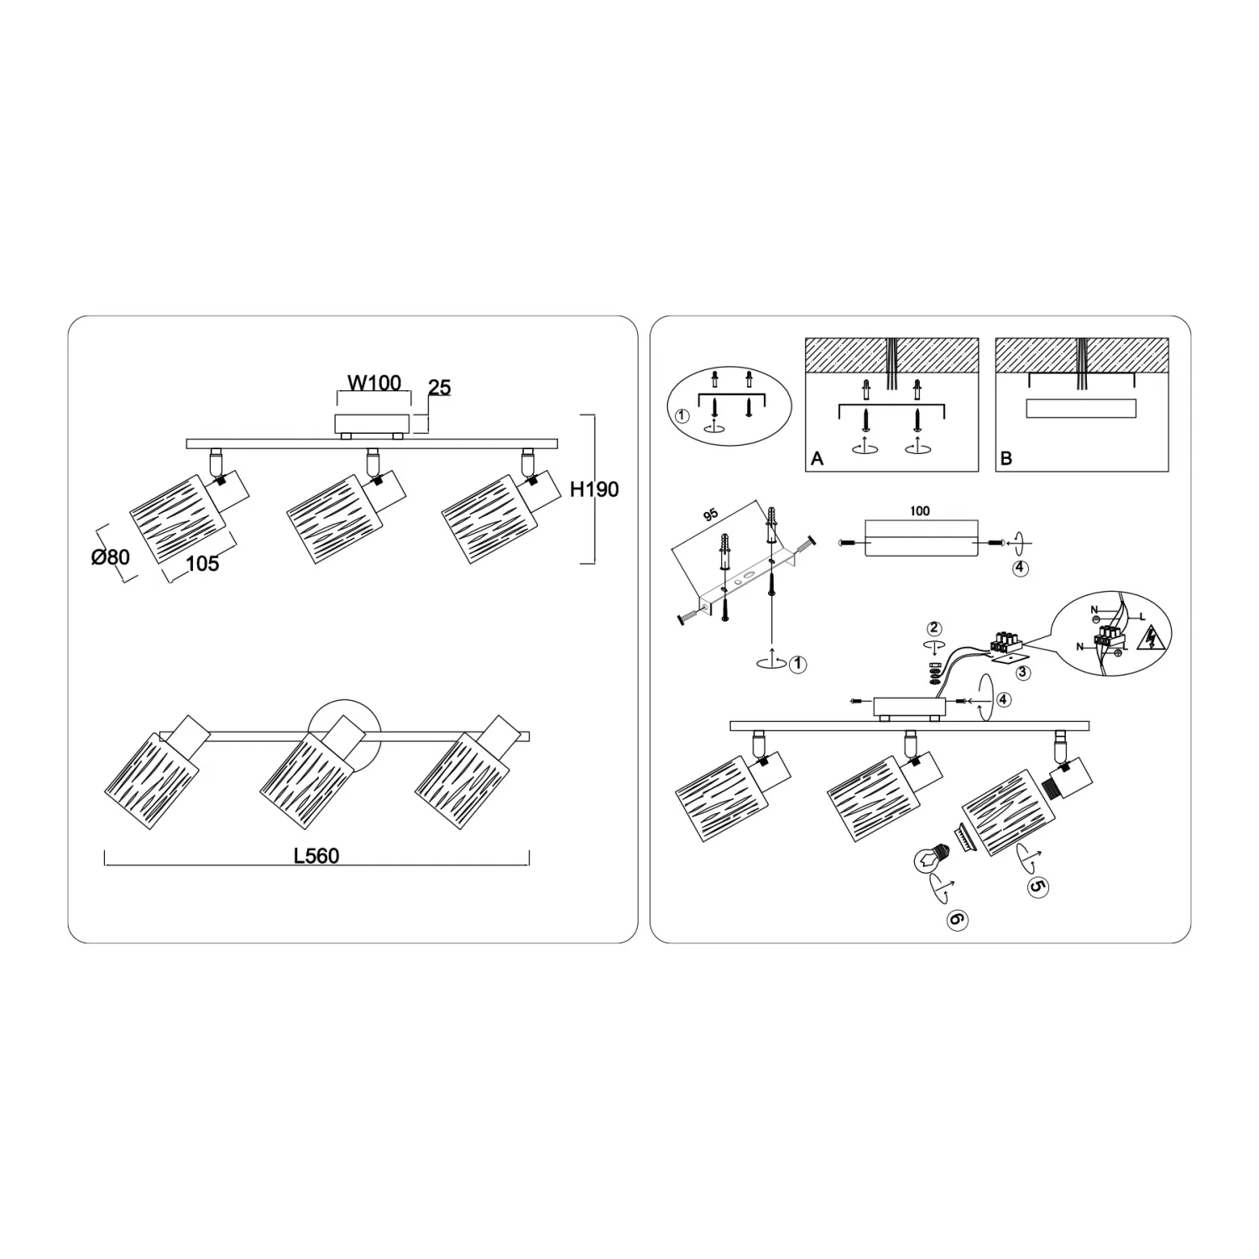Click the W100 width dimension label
(374, 384)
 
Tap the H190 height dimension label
(594, 489)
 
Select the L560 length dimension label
(316, 856)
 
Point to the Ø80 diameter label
(111, 556)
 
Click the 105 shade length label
(202, 563)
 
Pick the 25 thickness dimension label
(439, 388)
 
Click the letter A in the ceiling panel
(818, 459)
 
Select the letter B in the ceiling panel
(1006, 459)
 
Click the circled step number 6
(956, 920)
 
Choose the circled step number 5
(1037, 886)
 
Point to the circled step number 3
(1022, 672)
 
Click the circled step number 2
(934, 629)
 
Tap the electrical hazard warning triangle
(1148, 641)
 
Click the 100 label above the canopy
(920, 510)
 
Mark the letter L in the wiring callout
(1141, 618)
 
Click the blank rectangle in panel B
(1081, 409)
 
